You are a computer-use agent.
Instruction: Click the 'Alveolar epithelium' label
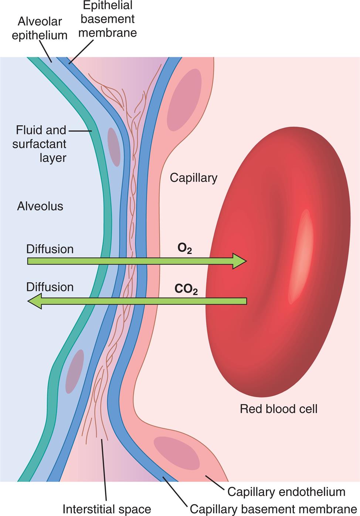point(40,28)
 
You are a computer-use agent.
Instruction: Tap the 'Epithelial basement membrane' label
point(108,19)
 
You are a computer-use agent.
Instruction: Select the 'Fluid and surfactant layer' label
point(40,144)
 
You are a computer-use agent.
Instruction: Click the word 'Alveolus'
point(40,206)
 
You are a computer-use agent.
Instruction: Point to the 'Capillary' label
point(193,178)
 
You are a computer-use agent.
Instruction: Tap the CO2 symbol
point(186,289)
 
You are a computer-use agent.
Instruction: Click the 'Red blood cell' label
point(278,409)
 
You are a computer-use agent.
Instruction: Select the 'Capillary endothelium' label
point(286,492)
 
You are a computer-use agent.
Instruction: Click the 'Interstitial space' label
point(106,509)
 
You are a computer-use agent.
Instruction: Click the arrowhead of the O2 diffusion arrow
point(239,261)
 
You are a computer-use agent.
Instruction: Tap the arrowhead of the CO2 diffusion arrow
point(35,301)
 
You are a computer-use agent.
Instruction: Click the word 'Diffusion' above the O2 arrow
point(50,249)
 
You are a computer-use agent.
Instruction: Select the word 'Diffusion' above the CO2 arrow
point(50,287)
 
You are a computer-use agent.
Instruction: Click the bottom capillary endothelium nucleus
point(176,453)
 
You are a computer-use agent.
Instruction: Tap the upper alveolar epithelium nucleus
point(113,147)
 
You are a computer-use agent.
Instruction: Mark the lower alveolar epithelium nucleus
point(74,372)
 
